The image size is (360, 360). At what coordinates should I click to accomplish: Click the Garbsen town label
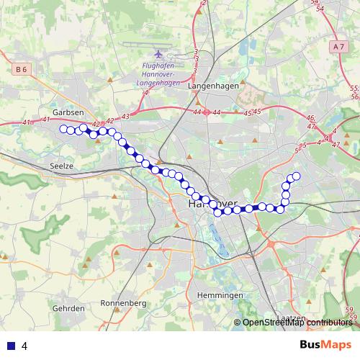[x=68, y=113]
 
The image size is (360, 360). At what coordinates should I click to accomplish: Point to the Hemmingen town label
[x=219, y=296]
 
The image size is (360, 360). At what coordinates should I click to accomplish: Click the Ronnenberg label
[x=123, y=303]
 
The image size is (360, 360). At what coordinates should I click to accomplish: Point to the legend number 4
[x=24, y=346]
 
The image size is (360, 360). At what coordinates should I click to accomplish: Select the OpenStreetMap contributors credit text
[x=297, y=323]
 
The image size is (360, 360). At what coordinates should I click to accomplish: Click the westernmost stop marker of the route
[x=63, y=129]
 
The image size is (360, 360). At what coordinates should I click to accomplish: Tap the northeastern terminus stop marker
[x=296, y=176]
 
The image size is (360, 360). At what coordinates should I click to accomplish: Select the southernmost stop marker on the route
[x=218, y=212]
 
